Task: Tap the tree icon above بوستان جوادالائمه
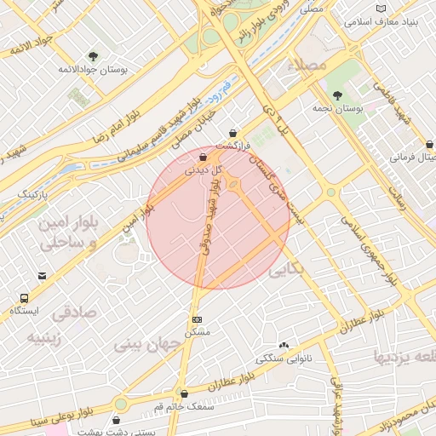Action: pyautogui.click(x=94, y=57)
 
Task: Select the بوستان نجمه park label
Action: pyautogui.click(x=363, y=109)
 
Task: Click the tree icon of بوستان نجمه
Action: pyautogui.click(x=338, y=95)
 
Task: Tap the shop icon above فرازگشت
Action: pyautogui.click(x=233, y=131)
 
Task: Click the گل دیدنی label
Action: pyautogui.click(x=204, y=170)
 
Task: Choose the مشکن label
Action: pyautogui.click(x=197, y=330)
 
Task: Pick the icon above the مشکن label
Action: pyautogui.click(x=197, y=318)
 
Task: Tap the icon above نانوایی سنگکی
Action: pyautogui.click(x=284, y=346)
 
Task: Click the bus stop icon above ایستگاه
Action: pyautogui.click(x=26, y=298)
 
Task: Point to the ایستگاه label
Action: pyautogui.click(x=26, y=311)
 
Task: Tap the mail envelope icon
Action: pyautogui.click(x=43, y=275)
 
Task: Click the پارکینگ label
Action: pyautogui.click(x=35, y=194)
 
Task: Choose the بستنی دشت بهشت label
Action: pyautogui.click(x=116, y=430)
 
